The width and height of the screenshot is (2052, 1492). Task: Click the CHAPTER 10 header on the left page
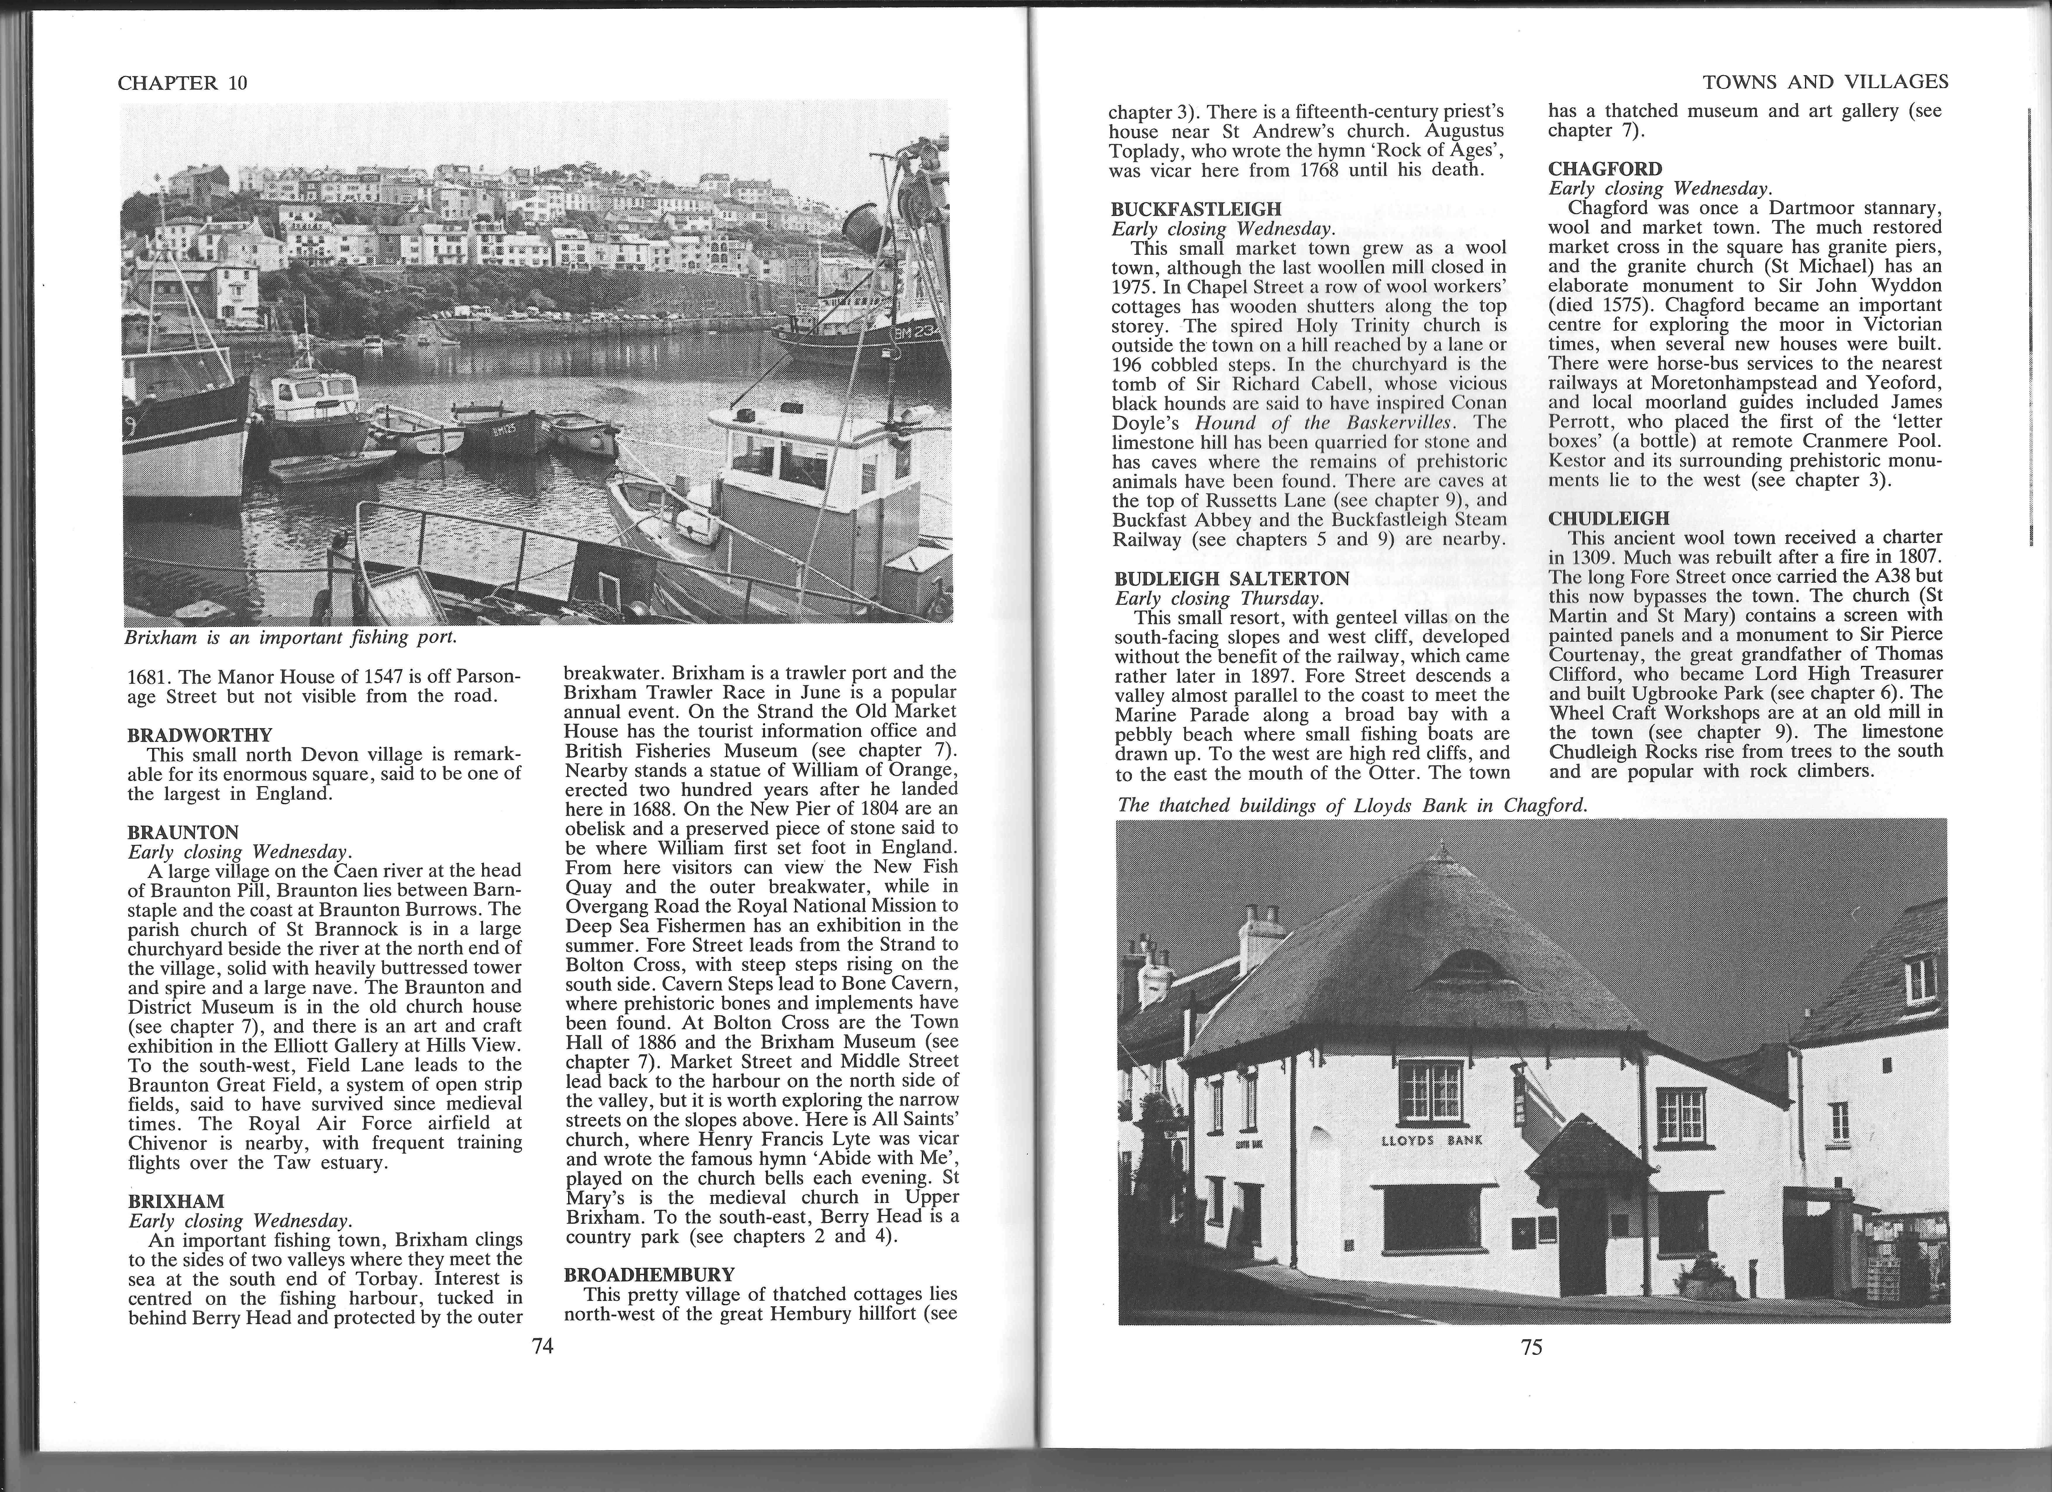point(182,83)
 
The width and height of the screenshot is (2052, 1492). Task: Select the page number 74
point(542,1346)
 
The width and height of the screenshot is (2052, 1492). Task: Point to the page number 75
point(1531,1347)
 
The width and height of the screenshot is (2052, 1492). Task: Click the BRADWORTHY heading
point(199,735)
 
